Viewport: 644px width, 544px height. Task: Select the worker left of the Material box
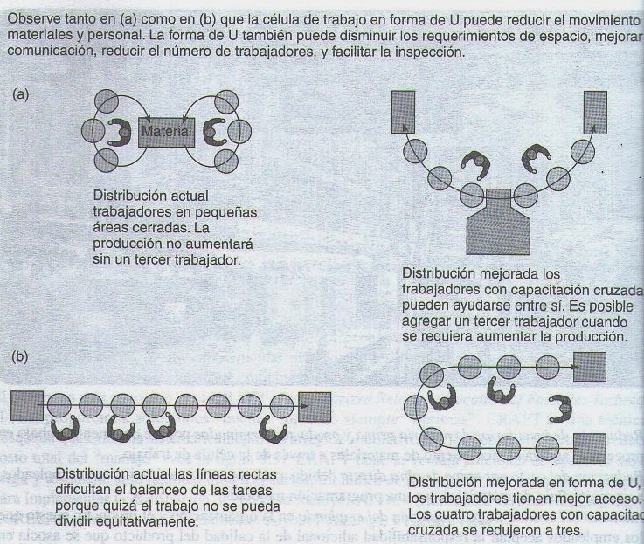tap(116, 132)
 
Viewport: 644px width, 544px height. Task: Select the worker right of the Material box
tap(212, 133)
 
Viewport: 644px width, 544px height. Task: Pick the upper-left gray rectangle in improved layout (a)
tap(403, 111)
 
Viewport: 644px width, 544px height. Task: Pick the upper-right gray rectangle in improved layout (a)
tap(597, 111)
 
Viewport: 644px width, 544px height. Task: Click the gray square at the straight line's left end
tap(27, 405)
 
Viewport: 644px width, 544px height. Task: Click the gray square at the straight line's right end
tap(315, 405)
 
